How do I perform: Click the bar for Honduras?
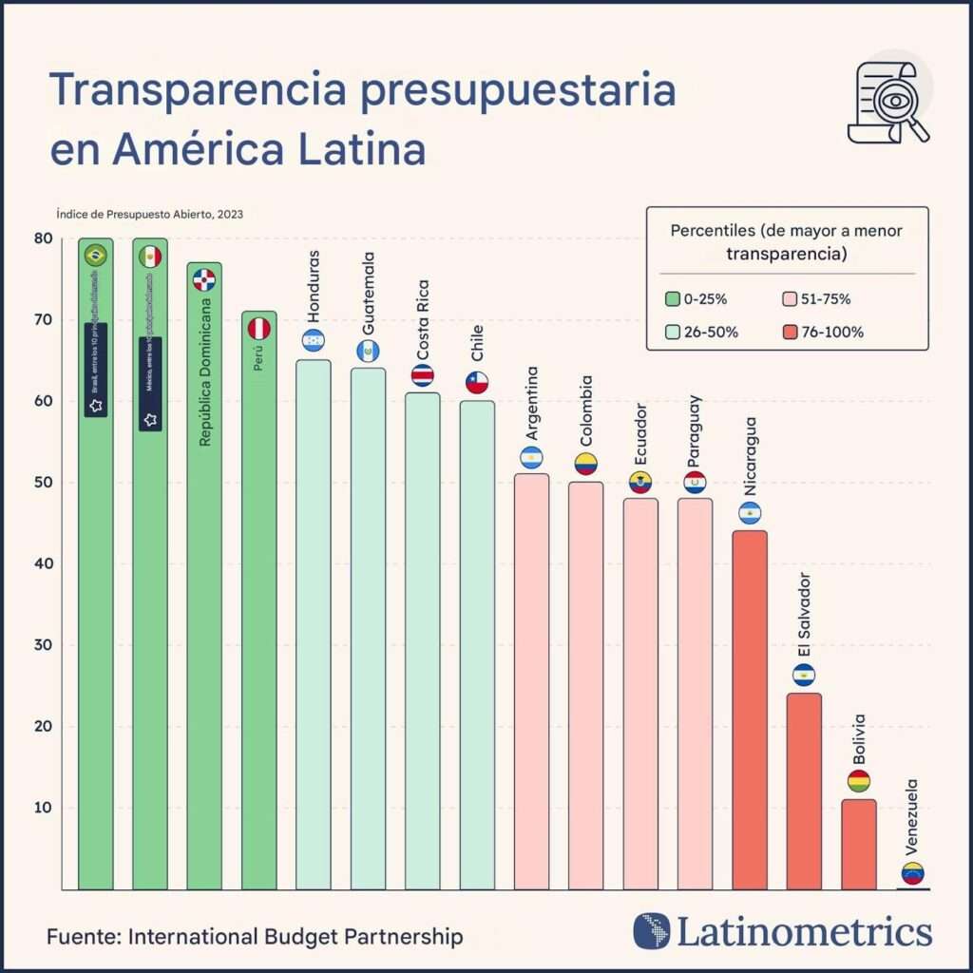click(x=314, y=624)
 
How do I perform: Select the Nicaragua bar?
click(x=751, y=710)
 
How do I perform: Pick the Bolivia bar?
click(x=859, y=844)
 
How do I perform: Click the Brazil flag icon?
click(x=95, y=255)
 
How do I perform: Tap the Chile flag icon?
click(x=477, y=383)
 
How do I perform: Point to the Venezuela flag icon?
click(x=913, y=873)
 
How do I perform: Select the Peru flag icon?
click(x=259, y=329)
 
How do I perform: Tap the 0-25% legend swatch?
click(x=674, y=299)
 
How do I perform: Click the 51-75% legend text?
click(x=825, y=299)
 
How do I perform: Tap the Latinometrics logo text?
click(x=804, y=931)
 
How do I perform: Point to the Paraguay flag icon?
click(x=696, y=483)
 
